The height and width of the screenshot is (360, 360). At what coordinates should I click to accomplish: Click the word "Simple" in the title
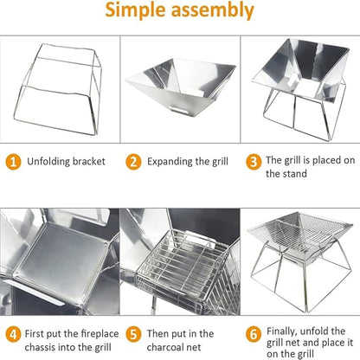pos(136,10)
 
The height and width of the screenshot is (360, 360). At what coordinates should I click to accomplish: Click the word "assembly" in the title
pos(213,10)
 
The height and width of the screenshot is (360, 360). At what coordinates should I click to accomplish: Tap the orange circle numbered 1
pos(13,162)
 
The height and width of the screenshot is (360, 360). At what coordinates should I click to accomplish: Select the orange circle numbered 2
pos(133,162)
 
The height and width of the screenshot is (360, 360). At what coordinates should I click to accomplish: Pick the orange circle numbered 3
pos(254,162)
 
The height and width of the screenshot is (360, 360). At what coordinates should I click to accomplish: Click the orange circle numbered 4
pos(13,334)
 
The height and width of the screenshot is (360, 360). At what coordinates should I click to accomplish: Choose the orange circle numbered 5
pos(133,334)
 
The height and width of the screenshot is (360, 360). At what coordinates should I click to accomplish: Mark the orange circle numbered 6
pos(254,334)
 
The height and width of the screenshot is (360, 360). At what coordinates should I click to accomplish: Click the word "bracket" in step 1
pos(89,161)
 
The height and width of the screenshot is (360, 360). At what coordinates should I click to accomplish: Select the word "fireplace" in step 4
pos(100,334)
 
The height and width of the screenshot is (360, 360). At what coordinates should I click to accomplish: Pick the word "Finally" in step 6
pos(281,331)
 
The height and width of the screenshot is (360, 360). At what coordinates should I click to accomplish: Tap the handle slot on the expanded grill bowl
pos(180,110)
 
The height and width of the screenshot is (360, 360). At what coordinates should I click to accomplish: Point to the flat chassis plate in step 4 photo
pos(62,260)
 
